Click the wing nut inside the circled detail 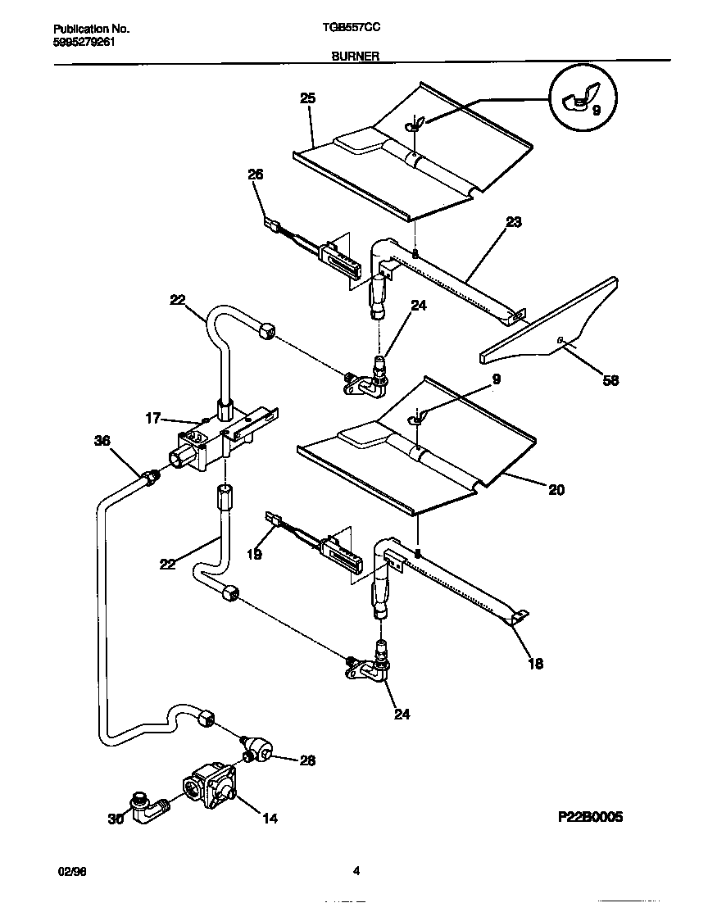[578, 102]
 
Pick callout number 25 [307, 98]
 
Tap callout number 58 [610, 379]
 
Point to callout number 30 [116, 817]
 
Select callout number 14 [269, 817]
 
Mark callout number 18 [535, 664]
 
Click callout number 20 [556, 490]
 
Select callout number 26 [256, 174]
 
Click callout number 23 [514, 221]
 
